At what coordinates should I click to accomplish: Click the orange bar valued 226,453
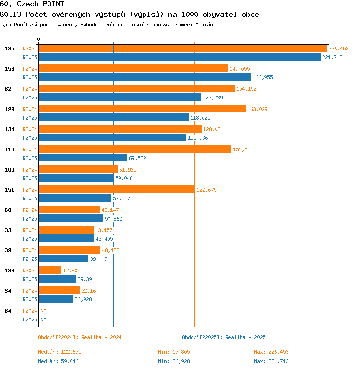pos(182,49)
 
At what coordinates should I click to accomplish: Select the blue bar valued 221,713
pos(180,57)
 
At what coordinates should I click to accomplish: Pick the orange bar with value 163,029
pos(142,109)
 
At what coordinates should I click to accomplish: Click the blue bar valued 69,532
pos(83,158)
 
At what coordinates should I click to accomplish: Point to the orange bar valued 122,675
pos(117,190)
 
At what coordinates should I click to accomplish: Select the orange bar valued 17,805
pos(50,271)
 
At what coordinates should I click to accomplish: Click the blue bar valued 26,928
pos(56,299)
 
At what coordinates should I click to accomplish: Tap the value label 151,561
pos(243,149)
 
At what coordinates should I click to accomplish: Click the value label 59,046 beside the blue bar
pos(124,178)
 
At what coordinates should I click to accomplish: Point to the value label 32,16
pos(89,291)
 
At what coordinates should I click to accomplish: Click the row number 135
pos(10,49)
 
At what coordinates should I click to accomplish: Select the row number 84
pos(8,311)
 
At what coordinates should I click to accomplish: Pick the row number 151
pos(10,190)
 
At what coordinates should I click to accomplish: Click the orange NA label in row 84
pos(43,311)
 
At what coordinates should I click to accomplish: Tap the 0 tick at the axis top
pos(39,39)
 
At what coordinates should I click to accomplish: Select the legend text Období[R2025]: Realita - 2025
pos(224,337)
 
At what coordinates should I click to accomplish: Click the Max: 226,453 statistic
pos(271,352)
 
